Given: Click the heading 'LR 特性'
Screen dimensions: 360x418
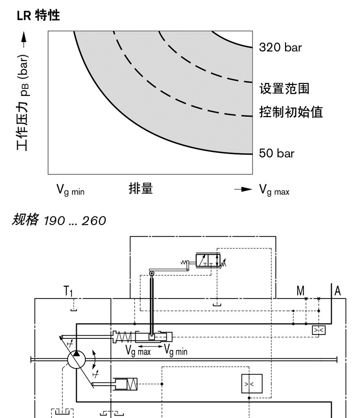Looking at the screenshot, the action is click(38, 15).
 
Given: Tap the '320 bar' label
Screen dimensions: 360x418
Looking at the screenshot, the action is click(280, 48).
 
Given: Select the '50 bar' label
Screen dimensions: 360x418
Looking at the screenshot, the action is click(276, 153).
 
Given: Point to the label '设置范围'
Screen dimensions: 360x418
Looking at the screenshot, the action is click(284, 88).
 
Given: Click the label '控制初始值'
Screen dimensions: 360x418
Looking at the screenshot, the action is click(291, 112).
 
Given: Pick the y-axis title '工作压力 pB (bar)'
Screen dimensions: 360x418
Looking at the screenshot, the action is click(23, 103).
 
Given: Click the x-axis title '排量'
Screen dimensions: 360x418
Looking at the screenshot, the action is click(141, 189).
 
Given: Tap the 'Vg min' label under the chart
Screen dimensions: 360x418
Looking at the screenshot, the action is click(71, 190).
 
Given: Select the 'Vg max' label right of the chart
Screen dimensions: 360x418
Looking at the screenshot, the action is click(274, 190).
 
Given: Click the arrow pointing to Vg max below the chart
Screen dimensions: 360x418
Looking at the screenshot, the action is click(243, 189).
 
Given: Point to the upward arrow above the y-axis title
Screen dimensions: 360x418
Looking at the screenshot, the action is click(24, 40).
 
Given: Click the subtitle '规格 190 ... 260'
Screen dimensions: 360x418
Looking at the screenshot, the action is click(59, 220).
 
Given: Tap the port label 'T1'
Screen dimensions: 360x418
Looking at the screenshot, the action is click(68, 291).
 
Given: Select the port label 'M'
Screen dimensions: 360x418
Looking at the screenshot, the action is click(300, 291).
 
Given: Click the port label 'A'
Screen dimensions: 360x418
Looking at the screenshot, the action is click(337, 291).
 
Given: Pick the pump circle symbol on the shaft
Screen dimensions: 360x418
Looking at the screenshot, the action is click(76, 359).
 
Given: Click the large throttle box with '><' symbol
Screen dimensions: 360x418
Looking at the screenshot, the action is click(252, 383).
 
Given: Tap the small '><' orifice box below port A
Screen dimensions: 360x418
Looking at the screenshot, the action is click(319, 330).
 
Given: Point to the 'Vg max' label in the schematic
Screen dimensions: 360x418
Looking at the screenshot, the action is click(138, 350).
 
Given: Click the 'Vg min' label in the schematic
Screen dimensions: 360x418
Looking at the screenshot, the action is click(176, 350).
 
